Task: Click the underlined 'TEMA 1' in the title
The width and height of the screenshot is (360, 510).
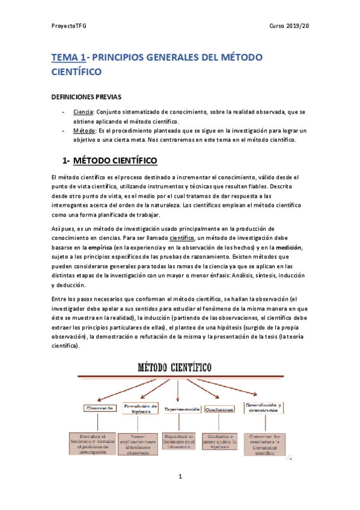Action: pos(68,57)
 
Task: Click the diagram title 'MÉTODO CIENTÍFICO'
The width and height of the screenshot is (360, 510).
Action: pos(178,366)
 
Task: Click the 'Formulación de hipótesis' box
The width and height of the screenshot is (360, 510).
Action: pos(141,408)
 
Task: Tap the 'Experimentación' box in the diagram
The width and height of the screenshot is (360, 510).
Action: pos(182,409)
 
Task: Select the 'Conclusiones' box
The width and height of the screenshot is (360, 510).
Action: pos(219,409)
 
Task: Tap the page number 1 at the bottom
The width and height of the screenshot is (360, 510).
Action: pos(180,477)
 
